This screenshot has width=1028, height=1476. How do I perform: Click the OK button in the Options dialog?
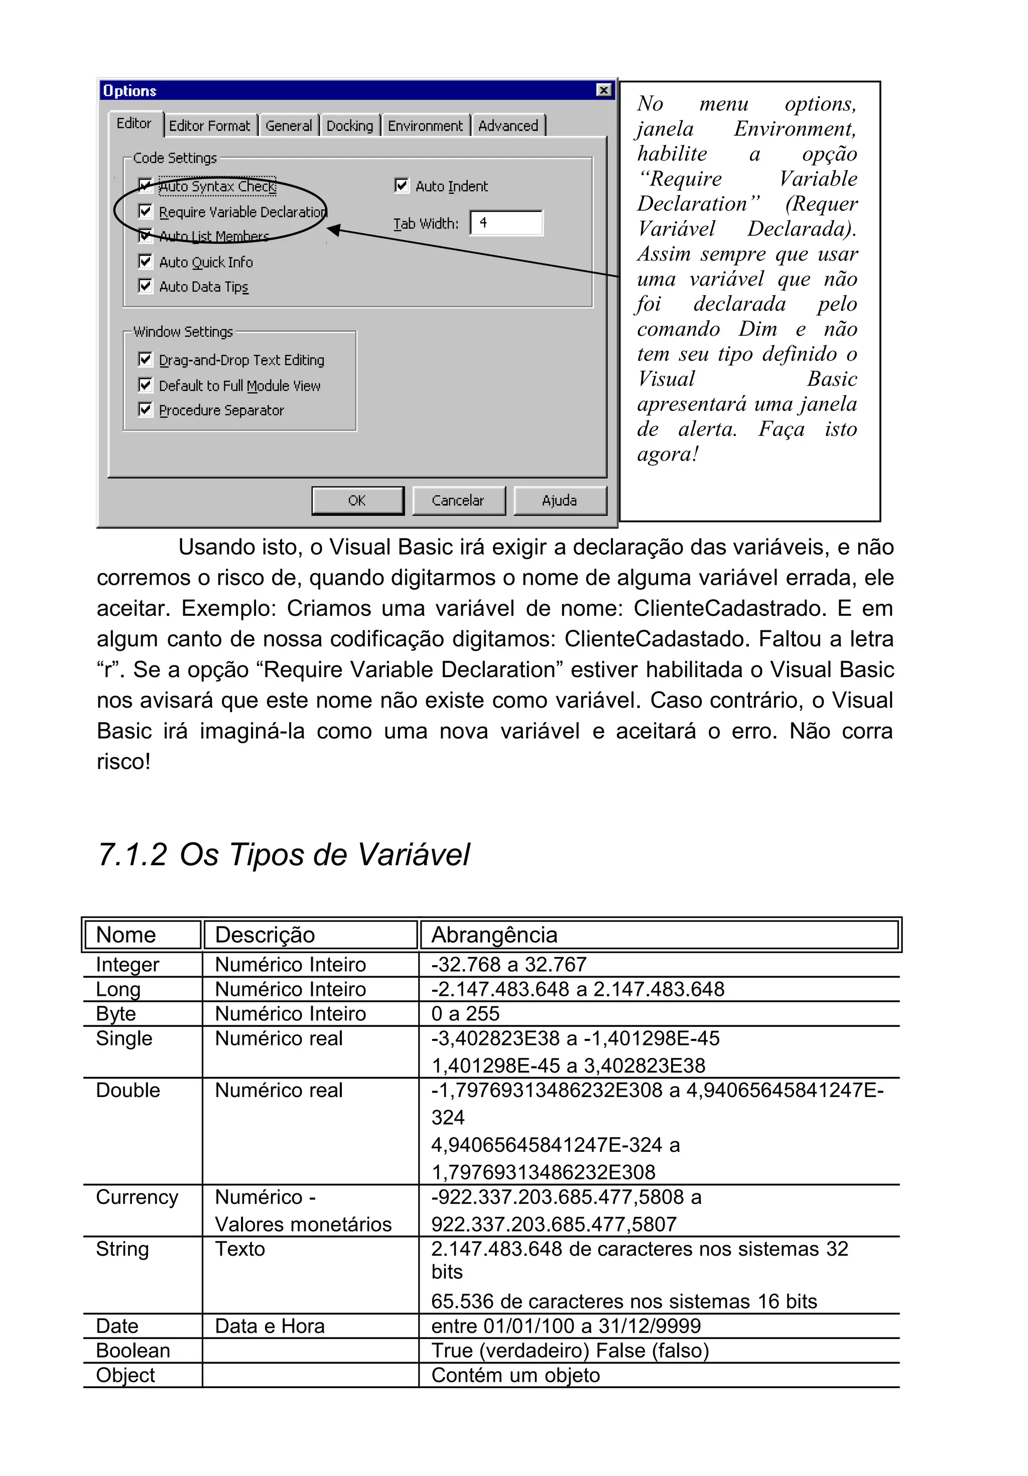(x=357, y=501)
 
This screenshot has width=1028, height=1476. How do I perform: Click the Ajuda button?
(x=559, y=501)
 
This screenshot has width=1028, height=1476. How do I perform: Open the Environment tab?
(x=425, y=126)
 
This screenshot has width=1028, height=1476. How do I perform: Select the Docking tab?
(x=349, y=126)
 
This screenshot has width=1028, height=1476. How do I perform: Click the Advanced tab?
(x=508, y=126)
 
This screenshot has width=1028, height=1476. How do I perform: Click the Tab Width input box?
(x=506, y=223)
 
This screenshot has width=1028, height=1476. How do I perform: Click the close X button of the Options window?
(x=603, y=90)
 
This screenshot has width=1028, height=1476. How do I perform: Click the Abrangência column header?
(x=494, y=934)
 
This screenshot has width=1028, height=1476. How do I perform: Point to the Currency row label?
(x=137, y=1197)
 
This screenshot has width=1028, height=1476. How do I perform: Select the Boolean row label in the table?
(x=133, y=1350)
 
